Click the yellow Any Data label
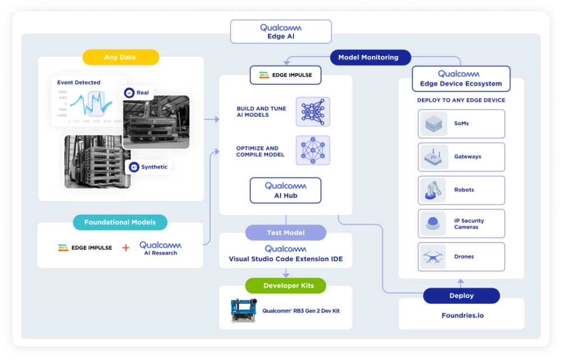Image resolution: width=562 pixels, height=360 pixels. [x=120, y=57]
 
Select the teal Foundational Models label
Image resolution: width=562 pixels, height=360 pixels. [x=120, y=222]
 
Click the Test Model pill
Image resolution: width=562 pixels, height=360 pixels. [x=285, y=233]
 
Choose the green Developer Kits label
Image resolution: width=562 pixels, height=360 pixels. [x=285, y=285]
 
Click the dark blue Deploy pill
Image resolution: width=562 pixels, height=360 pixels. [x=461, y=295]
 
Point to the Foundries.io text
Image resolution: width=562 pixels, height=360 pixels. [x=462, y=315]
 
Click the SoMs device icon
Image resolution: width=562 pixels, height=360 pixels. [x=433, y=124]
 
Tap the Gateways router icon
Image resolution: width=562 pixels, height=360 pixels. [x=433, y=157]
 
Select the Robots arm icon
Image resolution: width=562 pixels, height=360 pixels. [x=433, y=190]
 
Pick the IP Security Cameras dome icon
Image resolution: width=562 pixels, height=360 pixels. [x=433, y=224]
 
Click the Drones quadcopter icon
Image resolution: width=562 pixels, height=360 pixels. [x=433, y=257]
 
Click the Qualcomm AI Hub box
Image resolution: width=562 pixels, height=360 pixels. [x=285, y=190]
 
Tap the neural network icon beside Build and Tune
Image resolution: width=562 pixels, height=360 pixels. [x=312, y=111]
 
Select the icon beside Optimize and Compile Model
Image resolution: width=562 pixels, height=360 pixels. [x=312, y=151]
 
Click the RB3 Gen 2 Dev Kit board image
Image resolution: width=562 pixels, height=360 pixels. [x=244, y=311]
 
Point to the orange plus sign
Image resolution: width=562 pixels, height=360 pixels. [x=125, y=248]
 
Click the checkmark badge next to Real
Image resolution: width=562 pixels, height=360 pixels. [x=129, y=93]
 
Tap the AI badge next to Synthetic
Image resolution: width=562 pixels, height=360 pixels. [x=134, y=167]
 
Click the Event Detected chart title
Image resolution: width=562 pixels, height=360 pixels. [x=79, y=83]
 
